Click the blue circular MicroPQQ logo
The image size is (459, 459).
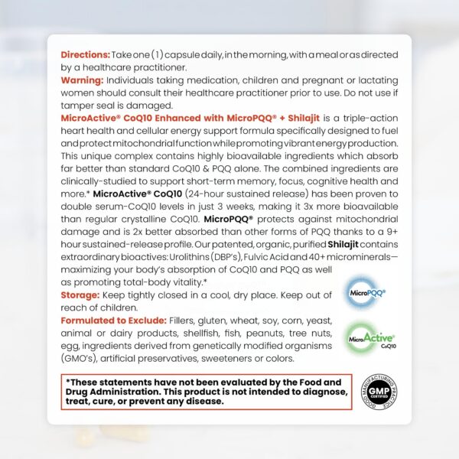366,292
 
